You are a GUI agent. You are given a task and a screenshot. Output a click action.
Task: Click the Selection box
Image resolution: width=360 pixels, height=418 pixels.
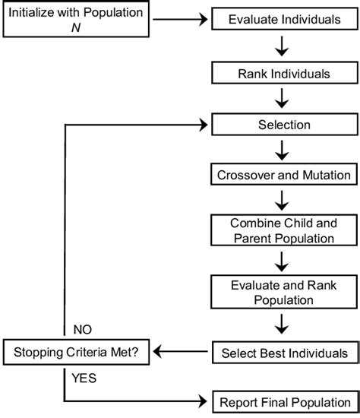pos(284,123)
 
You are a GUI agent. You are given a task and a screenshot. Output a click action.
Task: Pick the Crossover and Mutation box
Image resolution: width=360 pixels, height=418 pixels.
pos(284,174)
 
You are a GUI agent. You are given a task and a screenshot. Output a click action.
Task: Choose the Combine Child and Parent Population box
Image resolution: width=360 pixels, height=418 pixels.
pos(284,230)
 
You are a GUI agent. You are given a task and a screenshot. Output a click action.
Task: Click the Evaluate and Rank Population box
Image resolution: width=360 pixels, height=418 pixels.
pos(284,292)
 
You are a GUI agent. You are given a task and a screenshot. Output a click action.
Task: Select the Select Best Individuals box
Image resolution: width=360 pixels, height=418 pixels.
pos(284,353)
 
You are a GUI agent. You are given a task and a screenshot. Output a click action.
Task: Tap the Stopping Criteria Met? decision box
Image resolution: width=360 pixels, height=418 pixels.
pos(76,352)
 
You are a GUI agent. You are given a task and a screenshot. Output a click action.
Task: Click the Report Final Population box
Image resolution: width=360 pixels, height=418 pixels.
pos(284,401)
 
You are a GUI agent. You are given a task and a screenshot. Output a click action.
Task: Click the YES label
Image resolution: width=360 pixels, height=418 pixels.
pos(84,375)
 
